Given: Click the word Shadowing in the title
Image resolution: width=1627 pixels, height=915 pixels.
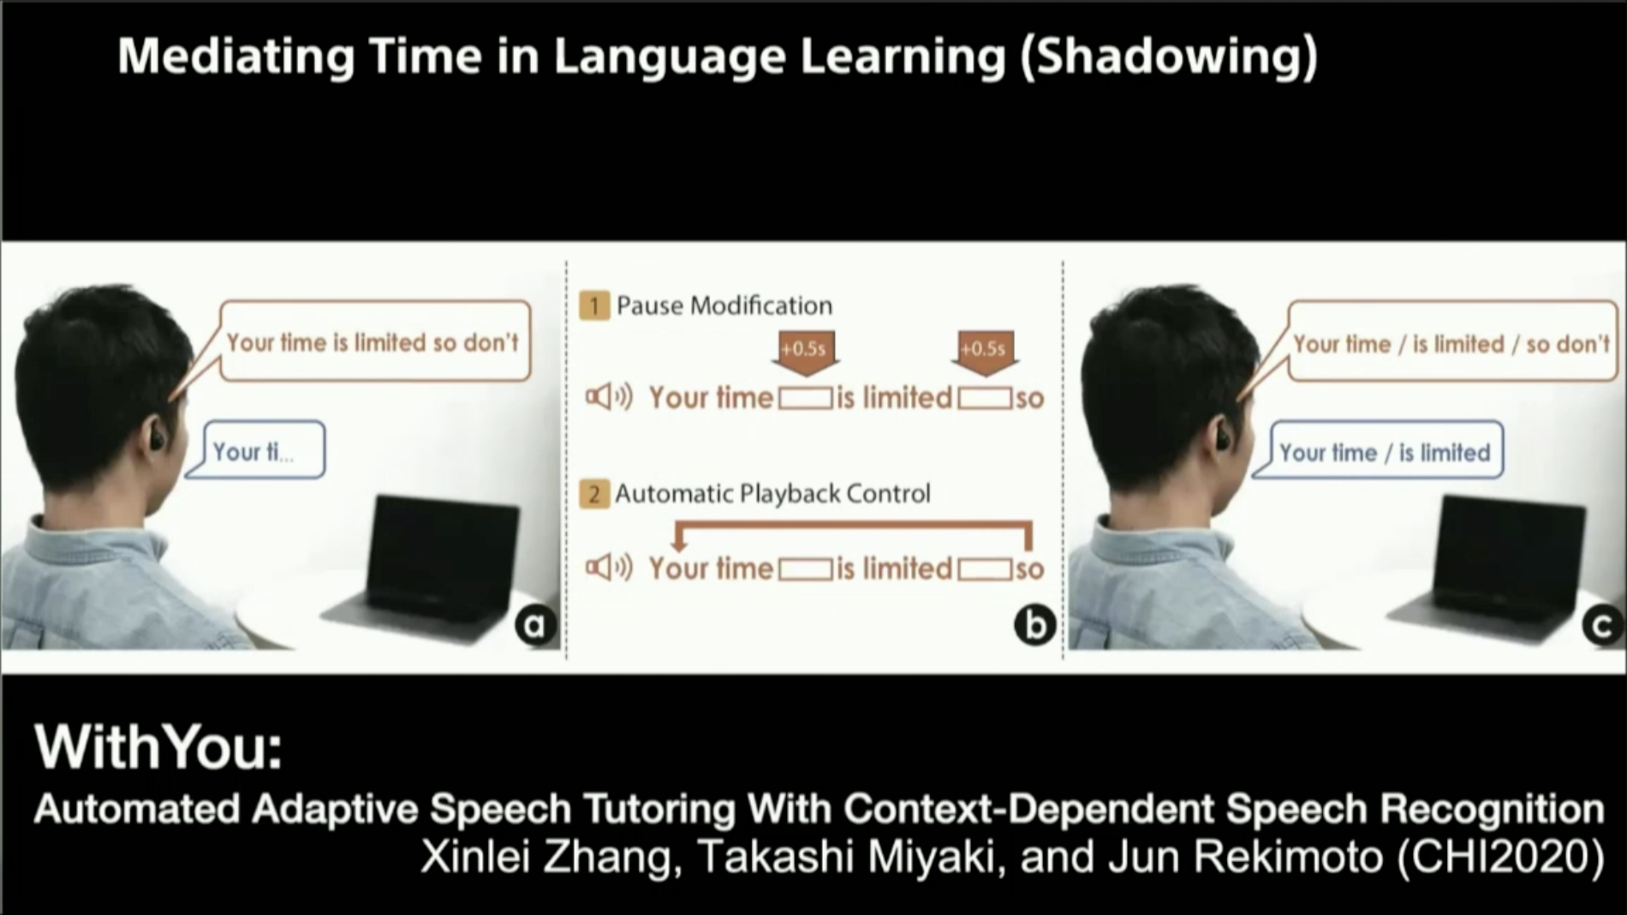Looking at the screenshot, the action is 1170,56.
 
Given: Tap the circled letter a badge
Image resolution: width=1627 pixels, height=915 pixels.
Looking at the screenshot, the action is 536,626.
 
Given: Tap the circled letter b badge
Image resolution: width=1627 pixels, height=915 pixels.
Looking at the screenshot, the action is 1034,626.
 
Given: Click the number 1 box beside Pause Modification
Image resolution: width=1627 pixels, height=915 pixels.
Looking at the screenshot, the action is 594,306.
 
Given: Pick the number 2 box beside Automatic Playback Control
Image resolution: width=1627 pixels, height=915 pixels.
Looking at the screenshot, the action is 594,494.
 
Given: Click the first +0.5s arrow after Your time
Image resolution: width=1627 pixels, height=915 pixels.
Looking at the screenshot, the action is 804,353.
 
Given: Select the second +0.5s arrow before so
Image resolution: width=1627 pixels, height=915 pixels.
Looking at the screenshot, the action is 984,353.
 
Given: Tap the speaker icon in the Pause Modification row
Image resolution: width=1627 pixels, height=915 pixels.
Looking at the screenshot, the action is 609,397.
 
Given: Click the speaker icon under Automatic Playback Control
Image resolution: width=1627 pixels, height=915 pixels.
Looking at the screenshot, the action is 609,567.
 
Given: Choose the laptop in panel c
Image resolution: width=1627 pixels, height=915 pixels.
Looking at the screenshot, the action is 1490,561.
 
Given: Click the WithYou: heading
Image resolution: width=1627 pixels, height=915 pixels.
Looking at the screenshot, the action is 158,746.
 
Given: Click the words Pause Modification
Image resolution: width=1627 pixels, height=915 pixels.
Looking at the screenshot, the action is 724,306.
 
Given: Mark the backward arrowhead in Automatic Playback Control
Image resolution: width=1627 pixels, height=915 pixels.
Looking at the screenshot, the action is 679,542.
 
